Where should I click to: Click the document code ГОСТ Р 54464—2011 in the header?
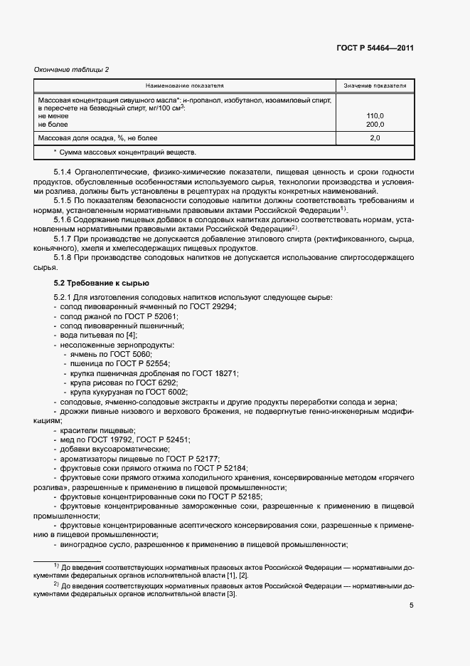point(375,48)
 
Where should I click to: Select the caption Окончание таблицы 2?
point(72,68)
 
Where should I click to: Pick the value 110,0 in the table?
point(375,115)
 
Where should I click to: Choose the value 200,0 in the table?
point(375,124)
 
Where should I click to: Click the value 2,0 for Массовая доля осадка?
point(375,137)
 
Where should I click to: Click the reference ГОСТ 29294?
point(212,306)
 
